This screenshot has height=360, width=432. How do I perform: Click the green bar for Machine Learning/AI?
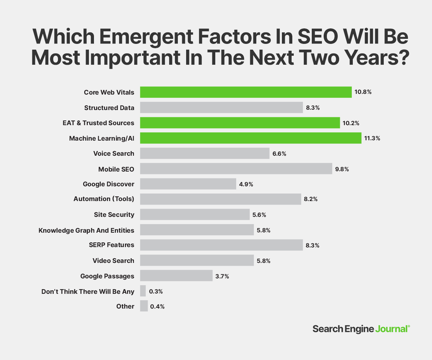pos(251,138)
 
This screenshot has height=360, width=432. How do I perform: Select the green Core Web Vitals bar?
pos(246,92)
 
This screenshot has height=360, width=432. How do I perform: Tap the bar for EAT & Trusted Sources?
pos(240,123)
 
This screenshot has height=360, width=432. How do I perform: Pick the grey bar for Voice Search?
pos(204,154)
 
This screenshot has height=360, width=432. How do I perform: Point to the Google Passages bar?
pos(176,276)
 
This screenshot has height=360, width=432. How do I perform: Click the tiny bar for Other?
pos(144,306)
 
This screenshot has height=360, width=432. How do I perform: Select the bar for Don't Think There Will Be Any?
pos(143,291)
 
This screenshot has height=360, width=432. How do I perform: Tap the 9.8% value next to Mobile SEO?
pos(342,169)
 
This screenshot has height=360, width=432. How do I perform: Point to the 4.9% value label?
pos(246,184)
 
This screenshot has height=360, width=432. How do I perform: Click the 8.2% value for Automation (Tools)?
pos(310,199)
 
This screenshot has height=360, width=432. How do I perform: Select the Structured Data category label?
pos(109,108)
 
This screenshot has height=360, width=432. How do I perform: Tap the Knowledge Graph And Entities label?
pos(86,230)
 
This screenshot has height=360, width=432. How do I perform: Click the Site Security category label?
pos(114,215)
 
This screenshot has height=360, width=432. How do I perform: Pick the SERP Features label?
pos(112,245)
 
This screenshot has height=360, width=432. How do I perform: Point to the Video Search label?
pos(113,261)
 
